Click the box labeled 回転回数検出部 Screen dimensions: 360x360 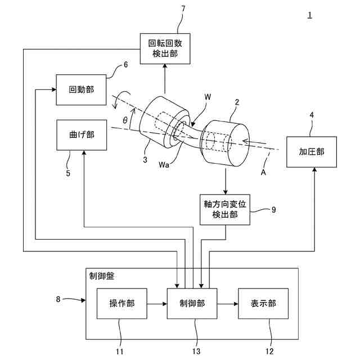click(x=165, y=49)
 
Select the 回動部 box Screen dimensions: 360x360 click(x=81, y=90)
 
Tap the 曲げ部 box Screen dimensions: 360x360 click(x=82, y=135)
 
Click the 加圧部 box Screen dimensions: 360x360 click(x=312, y=152)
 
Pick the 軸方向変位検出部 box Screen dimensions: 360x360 click(x=225, y=210)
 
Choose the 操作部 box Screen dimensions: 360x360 click(x=122, y=304)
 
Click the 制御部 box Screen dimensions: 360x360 click(x=192, y=304)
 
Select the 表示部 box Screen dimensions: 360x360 click(x=263, y=304)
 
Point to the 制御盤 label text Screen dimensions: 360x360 click(x=102, y=276)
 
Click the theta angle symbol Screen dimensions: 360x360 click(x=125, y=120)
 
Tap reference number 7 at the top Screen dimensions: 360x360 click(x=183, y=9)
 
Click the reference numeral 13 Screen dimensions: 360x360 click(x=196, y=352)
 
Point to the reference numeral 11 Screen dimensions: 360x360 click(x=120, y=352)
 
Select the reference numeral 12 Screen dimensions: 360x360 click(x=270, y=352)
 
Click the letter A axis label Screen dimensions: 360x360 click(x=263, y=172)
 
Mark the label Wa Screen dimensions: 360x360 click(x=164, y=165)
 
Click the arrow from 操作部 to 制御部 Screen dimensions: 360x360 click(x=157, y=304)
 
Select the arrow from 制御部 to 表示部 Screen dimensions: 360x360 click(x=227, y=304)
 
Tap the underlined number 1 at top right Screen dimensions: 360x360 click(x=310, y=15)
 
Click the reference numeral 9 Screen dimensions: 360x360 click(x=273, y=210)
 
